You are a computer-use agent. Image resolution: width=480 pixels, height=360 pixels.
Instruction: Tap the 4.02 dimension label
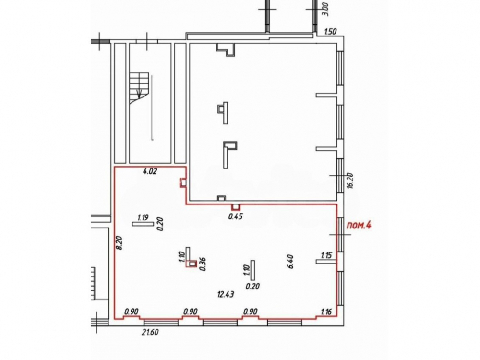point(150,171)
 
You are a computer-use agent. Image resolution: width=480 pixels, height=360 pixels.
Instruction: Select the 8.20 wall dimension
point(120,242)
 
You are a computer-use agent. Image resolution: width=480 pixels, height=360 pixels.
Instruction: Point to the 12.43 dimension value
point(226,295)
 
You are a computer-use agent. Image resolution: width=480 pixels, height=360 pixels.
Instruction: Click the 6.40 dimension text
point(290,262)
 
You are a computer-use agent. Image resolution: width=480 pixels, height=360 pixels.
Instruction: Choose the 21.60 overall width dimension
point(150,332)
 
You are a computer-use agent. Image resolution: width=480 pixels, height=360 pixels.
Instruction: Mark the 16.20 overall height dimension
point(350,180)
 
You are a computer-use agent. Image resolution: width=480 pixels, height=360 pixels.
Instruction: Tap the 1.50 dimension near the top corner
point(330,31)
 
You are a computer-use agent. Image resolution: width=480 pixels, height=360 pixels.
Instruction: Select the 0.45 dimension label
point(236,216)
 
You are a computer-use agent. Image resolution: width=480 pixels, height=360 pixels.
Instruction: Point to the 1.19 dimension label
point(143,217)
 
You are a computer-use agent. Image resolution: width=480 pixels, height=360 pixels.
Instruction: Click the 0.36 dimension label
point(203,264)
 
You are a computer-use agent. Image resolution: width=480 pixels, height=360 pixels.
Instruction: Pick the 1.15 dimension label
point(326,255)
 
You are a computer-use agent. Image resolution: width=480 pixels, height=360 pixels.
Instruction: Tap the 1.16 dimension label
point(326,312)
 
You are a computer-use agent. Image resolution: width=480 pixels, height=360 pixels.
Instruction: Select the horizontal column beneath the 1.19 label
point(143,224)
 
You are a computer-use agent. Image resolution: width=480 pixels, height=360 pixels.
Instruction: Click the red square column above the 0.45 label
point(235,207)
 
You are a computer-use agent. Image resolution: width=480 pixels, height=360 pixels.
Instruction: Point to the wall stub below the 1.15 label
point(326,262)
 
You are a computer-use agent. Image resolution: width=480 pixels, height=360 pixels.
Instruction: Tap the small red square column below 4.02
point(183,183)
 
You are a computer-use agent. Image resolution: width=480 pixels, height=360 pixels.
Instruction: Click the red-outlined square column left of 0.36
point(192,264)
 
